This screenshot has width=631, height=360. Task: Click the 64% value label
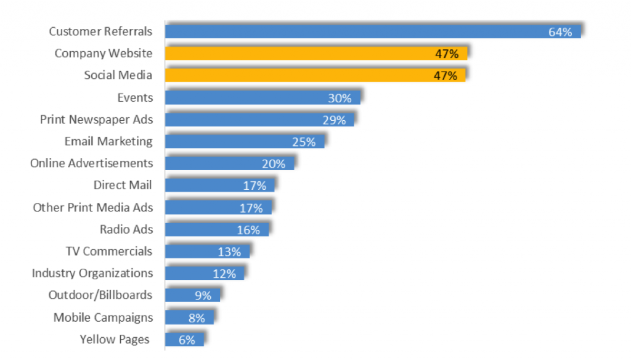pos(560,31)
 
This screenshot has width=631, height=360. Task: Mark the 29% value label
pos(334,120)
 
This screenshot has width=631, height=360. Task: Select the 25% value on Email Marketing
pos(304,142)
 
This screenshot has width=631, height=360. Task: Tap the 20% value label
pos(274,164)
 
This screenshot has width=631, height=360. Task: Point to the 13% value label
pos(230,252)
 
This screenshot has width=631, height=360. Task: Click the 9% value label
pos(203,295)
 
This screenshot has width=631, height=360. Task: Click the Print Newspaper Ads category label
pos(97,120)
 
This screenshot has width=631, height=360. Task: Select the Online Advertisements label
pos(91,163)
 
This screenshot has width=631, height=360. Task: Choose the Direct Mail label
pos(123,185)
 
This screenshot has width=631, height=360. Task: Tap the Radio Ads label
pos(126,229)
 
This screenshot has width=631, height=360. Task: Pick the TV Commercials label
pos(109,251)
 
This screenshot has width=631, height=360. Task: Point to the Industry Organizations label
pos(92,272)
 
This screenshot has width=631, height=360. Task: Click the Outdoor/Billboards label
pos(100,295)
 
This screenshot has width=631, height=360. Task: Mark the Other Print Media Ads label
pos(93,207)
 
